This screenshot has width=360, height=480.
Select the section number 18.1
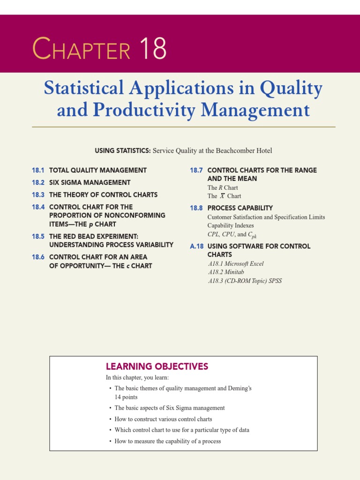38,170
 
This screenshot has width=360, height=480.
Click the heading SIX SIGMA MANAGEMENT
90,182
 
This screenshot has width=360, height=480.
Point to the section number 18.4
38,207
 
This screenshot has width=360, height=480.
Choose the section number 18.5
38,236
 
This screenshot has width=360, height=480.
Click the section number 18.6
38,257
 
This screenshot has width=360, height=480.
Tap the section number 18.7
196,170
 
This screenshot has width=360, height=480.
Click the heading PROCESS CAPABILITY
240,208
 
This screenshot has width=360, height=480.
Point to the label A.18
197,246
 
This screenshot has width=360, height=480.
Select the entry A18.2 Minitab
226,272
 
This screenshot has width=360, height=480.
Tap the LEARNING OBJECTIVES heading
157,367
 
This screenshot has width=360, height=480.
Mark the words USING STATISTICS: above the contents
122,150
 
